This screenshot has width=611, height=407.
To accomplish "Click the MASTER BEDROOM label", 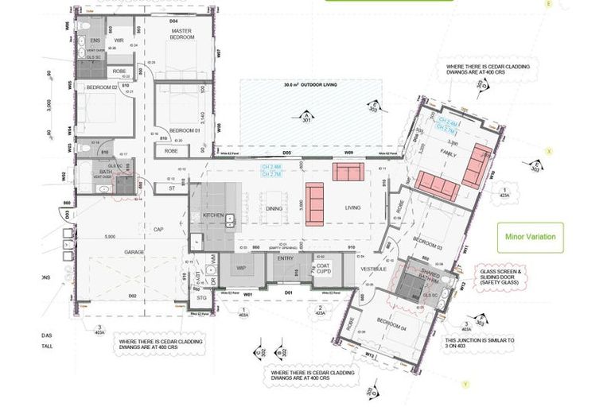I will click(x=182, y=34).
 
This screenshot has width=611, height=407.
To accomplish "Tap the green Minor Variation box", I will click(x=530, y=237).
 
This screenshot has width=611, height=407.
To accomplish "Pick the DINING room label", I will click(x=274, y=208).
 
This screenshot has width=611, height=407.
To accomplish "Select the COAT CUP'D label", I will click(x=323, y=269).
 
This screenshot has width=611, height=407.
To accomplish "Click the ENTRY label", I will click(x=286, y=259).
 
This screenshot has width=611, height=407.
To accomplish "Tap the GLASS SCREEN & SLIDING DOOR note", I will click(x=502, y=278).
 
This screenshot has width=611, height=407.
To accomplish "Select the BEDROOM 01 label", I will click(x=182, y=130).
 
